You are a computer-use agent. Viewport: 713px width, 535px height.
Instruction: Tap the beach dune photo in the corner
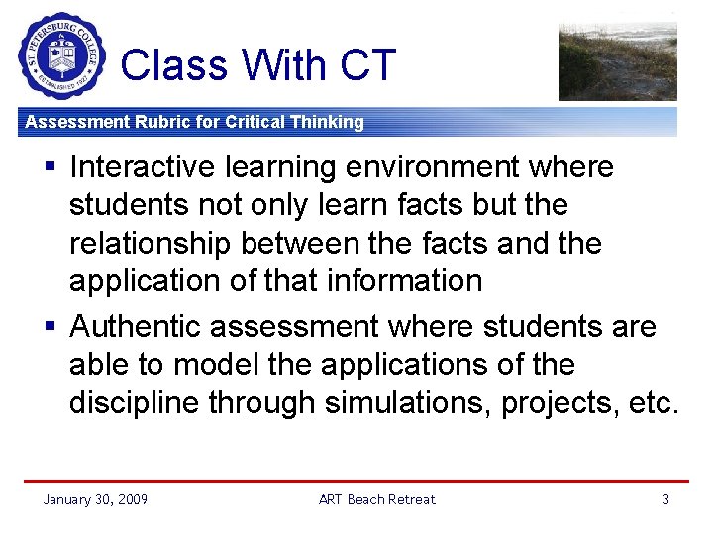[x=617, y=62]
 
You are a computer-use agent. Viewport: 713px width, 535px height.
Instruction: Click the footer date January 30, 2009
[x=95, y=499]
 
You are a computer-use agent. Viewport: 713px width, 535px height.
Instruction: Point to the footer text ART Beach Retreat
[x=376, y=499]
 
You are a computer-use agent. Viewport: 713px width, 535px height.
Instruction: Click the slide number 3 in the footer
[x=665, y=499]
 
